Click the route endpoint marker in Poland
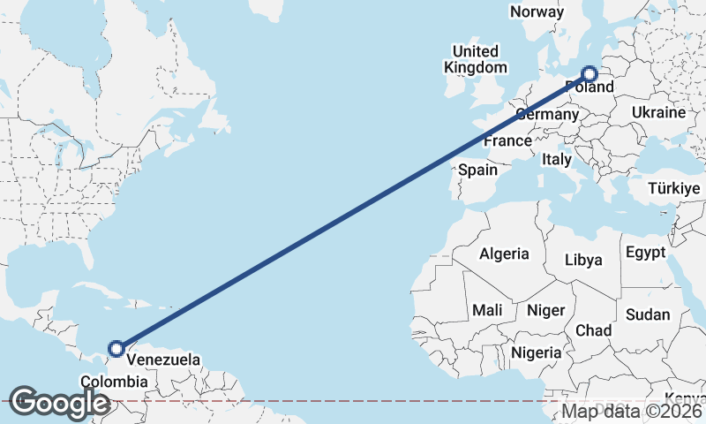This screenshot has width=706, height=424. point(589,74)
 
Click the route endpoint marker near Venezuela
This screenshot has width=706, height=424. point(116,349)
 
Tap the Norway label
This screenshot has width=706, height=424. point(537,11)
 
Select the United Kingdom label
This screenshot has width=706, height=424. point(476,59)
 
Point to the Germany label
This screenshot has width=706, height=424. point(546,114)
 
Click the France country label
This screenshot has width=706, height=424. point(507,140)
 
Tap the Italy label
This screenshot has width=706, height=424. point(557,159)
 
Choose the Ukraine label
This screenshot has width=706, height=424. point(658,112)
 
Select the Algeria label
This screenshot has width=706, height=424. point(505,254)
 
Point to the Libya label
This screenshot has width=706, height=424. point(583,260)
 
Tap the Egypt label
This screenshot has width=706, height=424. point(645,253)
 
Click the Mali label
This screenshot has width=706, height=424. point(487,310)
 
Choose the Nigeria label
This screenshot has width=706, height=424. point(536,352)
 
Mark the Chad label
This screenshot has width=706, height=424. point(594,329)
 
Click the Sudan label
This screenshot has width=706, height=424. point(648,314)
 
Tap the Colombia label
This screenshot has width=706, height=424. point(114,382)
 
